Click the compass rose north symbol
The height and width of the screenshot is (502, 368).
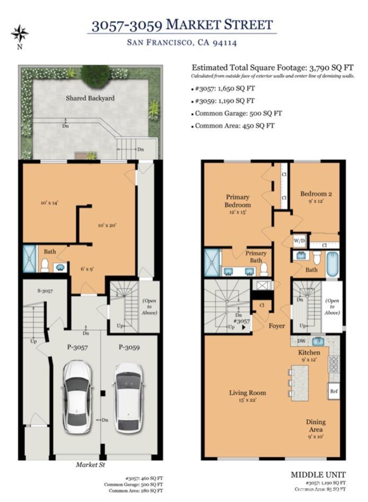point(20,34)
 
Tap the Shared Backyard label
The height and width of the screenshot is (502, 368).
point(90,98)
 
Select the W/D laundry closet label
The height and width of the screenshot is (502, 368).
point(300,240)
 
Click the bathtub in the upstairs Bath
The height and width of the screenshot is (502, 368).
point(332,264)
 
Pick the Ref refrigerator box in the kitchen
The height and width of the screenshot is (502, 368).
point(334,391)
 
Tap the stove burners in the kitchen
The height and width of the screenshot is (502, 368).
point(334,365)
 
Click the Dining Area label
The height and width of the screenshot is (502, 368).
point(315,426)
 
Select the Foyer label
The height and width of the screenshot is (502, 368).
point(277,326)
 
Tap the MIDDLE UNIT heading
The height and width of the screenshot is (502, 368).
point(318,474)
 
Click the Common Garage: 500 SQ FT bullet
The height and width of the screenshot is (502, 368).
point(238,113)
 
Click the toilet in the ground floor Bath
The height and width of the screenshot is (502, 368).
point(45,265)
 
